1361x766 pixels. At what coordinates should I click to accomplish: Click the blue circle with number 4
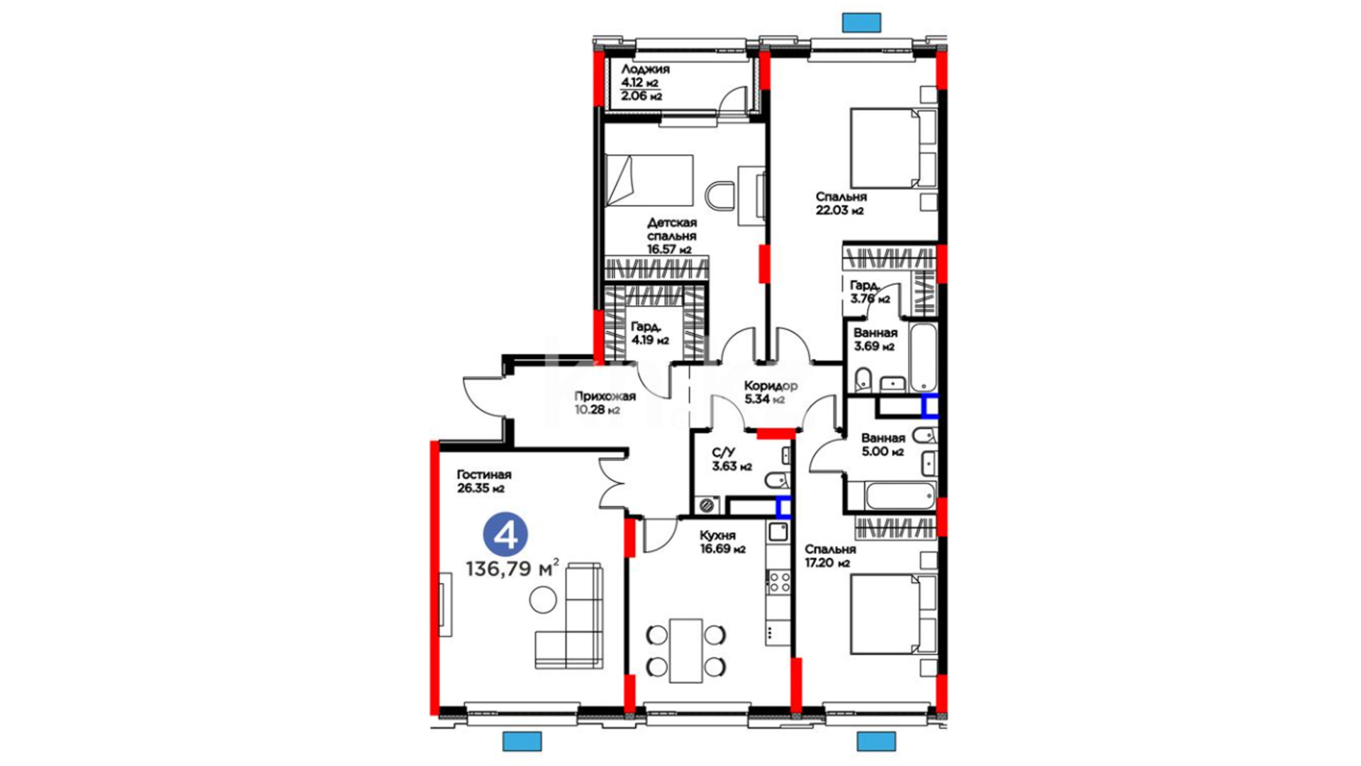tap(505, 535)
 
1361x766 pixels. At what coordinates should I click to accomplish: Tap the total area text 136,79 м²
tap(513, 568)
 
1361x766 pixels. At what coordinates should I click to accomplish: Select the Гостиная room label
tap(484, 474)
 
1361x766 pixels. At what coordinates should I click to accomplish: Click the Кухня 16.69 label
tap(722, 542)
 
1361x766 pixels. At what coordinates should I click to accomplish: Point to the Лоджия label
tap(645, 70)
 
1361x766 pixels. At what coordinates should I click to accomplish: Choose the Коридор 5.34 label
tap(771, 392)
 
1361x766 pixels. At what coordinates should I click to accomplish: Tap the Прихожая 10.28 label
tap(605, 403)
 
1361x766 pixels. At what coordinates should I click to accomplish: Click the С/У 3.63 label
tap(732, 459)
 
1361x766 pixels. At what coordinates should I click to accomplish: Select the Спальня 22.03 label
tap(841, 203)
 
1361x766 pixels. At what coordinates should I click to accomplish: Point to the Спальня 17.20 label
tap(830, 556)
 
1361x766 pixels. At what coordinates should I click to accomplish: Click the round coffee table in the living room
tap(544, 600)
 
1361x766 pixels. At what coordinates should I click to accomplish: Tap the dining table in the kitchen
tap(685, 650)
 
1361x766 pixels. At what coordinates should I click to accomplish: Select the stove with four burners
tap(778, 582)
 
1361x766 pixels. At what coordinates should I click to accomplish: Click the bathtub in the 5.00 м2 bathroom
tap(899, 496)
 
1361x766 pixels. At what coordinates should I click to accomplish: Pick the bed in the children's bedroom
tap(649, 180)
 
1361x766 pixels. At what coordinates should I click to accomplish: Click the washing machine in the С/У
tap(706, 506)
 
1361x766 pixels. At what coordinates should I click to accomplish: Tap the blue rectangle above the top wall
tap(861, 22)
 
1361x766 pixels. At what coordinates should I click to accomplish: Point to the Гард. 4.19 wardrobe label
tap(649, 333)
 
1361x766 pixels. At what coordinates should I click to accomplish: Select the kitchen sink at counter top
tap(778, 531)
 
